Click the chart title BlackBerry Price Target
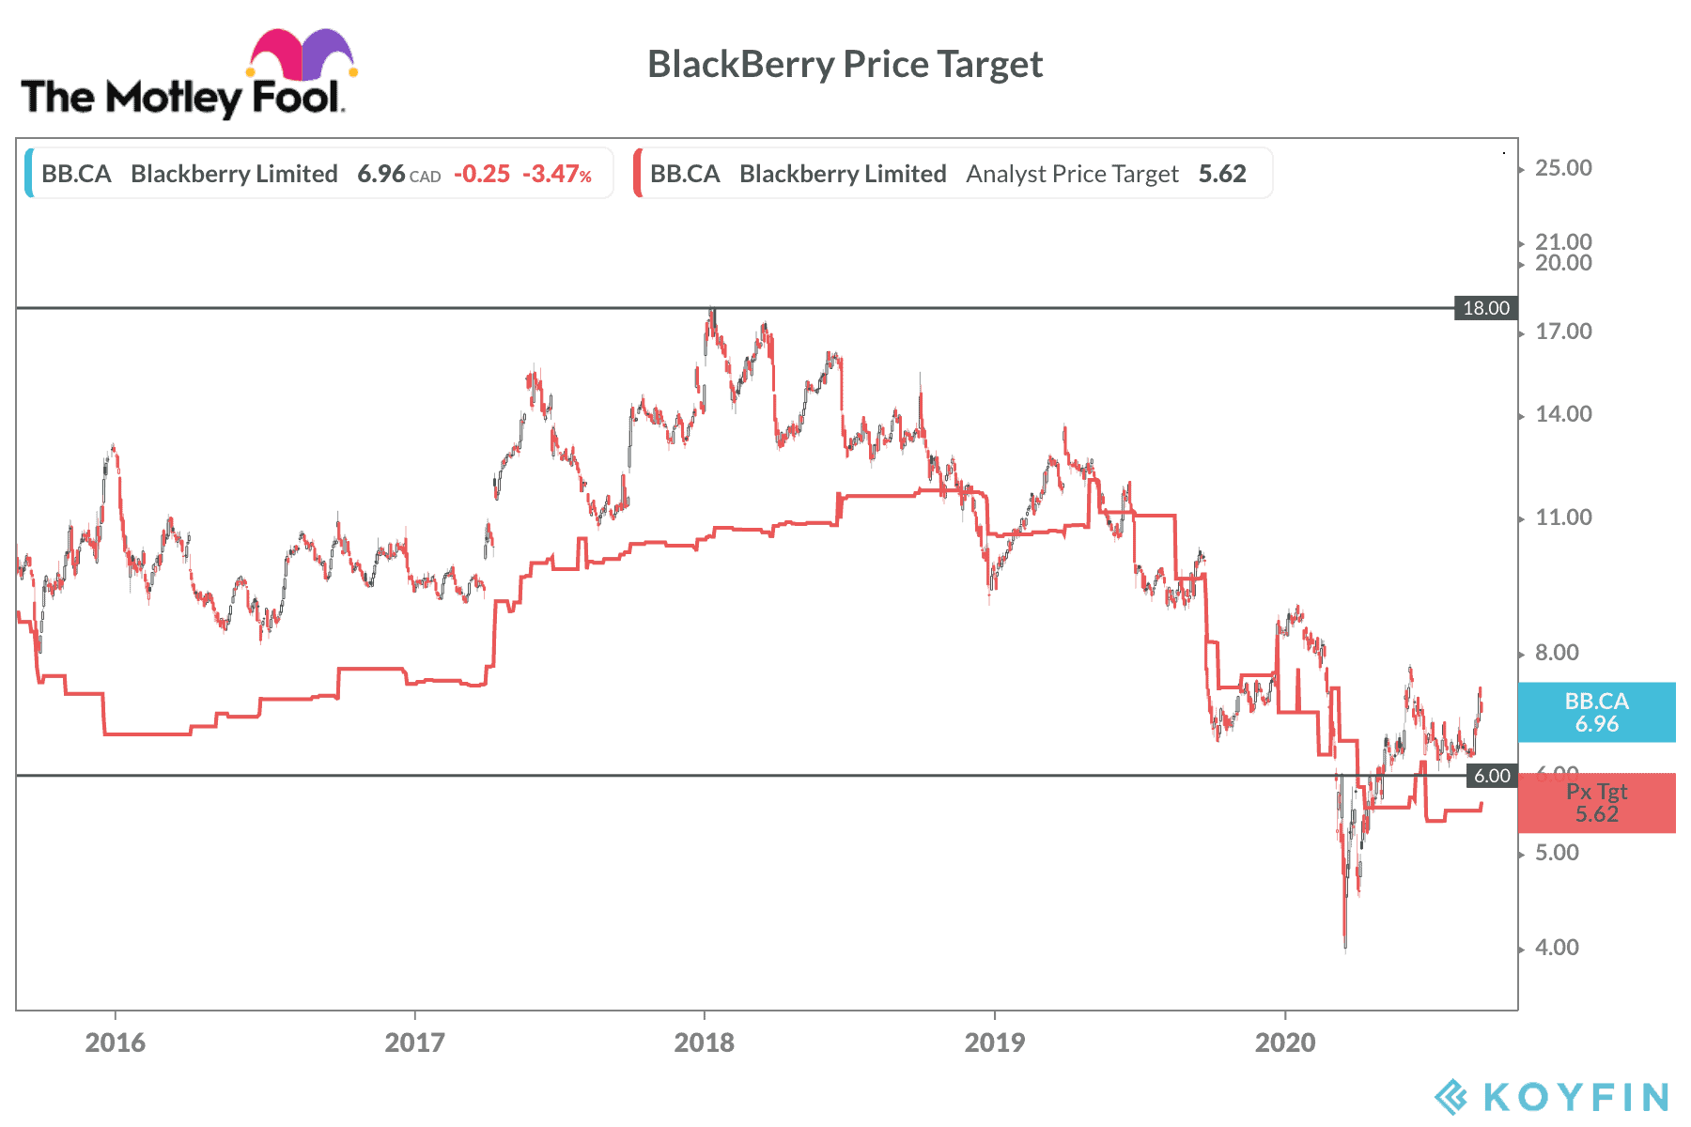[x=845, y=65]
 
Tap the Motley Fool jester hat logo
[x=302, y=55]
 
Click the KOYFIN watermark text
[x=1575, y=1096]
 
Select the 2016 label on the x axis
[x=115, y=1042]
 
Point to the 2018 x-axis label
[x=704, y=1042]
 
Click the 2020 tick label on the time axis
[x=1284, y=1042]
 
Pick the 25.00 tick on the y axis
[x=1563, y=168]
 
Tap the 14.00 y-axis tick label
[x=1563, y=414]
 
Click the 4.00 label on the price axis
[x=1557, y=948]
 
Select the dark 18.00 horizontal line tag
[x=1485, y=308]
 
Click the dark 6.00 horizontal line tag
[x=1491, y=776]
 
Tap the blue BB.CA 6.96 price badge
[x=1596, y=713]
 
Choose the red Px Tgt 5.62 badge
[x=1596, y=804]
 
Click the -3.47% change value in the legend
[x=557, y=174]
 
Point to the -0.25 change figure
[x=482, y=174]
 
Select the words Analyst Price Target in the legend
[x=1072, y=174]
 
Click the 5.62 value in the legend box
[x=1222, y=174]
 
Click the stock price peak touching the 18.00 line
[x=712, y=312]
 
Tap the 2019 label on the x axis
[x=994, y=1042]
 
